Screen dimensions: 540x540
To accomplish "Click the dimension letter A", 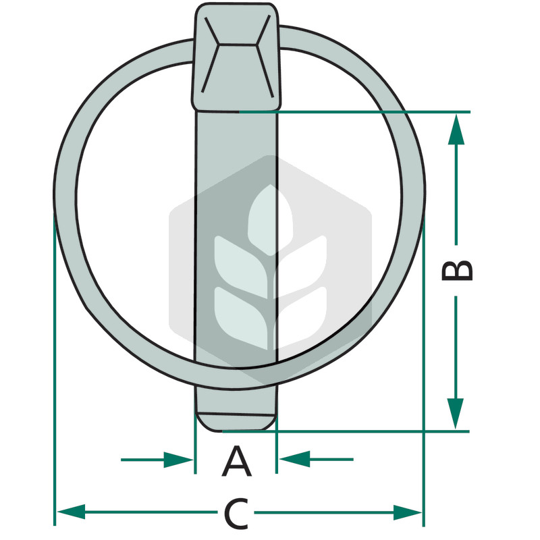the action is pyautogui.click(x=237, y=461).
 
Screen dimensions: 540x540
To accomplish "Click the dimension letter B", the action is pyautogui.click(x=457, y=271).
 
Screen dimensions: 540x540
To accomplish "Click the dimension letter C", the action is pyautogui.click(x=236, y=513).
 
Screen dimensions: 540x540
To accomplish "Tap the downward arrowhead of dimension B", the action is pyautogui.click(x=455, y=414).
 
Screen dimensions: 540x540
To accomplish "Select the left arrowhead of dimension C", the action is pyautogui.click(x=72, y=512).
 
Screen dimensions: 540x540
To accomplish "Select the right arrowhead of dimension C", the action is pyautogui.click(x=408, y=512).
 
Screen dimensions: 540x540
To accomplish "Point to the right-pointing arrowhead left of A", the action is pyautogui.click(x=178, y=460).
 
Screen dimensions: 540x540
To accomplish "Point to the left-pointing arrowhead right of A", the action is pyautogui.click(x=294, y=459).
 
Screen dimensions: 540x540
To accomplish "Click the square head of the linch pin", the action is pyautogui.click(x=237, y=57).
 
